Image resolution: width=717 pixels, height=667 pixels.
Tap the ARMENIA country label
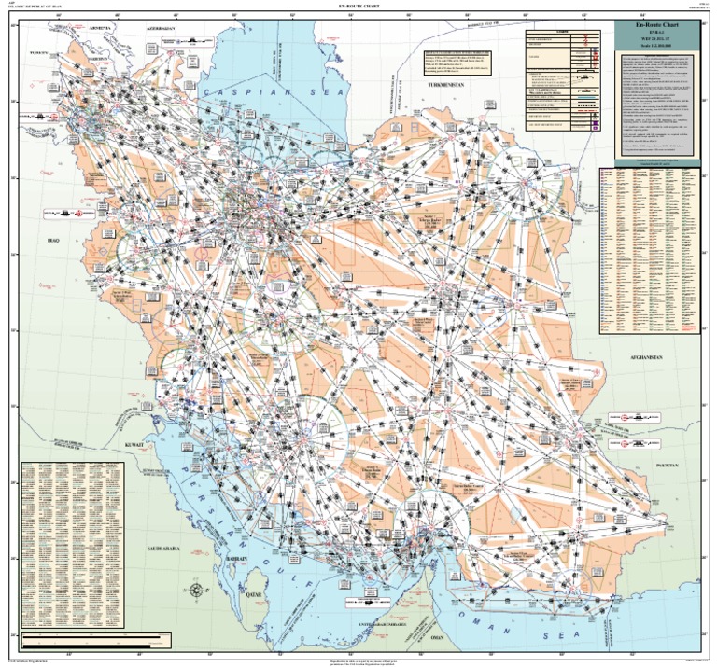tap(100, 28)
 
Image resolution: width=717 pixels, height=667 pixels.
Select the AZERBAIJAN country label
tap(160, 29)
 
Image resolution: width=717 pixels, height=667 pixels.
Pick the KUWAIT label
tap(134, 446)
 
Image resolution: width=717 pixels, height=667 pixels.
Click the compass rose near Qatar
tap(197, 590)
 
